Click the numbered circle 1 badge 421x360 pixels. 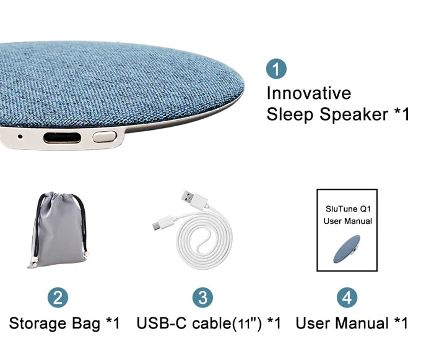(276, 69)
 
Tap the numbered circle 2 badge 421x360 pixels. (58, 298)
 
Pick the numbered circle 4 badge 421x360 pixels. (347, 298)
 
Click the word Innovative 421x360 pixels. (308, 93)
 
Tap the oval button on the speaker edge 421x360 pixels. (105, 137)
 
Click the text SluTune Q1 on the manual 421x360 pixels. (347, 208)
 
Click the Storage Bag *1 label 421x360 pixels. (64, 324)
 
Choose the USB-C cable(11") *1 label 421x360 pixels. (209, 324)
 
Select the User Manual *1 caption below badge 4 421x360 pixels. (352, 324)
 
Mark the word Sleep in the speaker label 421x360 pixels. (289, 114)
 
